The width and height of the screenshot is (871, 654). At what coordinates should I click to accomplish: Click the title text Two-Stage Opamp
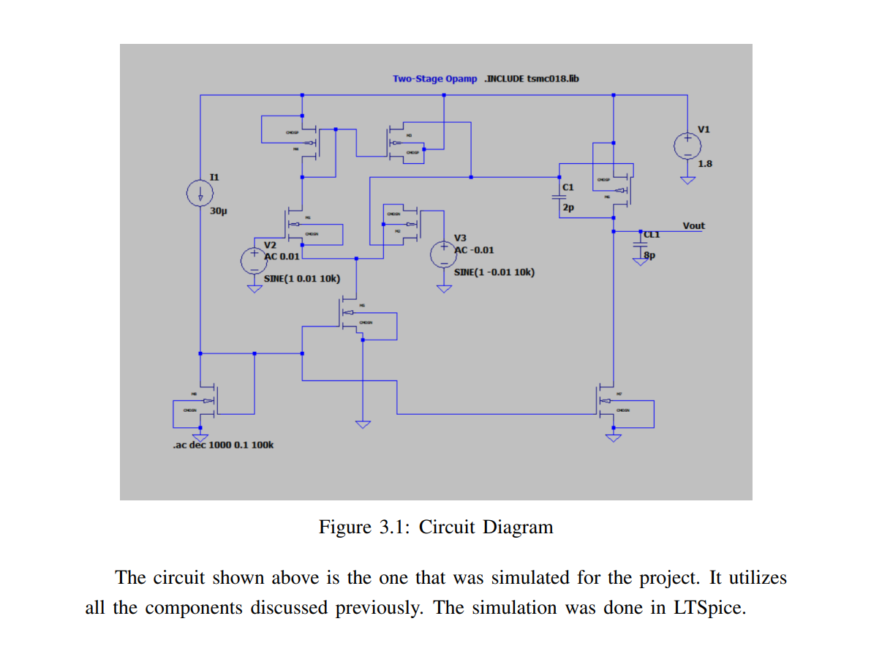[x=434, y=79]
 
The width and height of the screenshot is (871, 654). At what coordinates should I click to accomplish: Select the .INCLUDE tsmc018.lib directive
[x=532, y=79]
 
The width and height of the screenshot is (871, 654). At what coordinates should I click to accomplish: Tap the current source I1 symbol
[x=200, y=194]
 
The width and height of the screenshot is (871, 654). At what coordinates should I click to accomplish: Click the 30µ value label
[x=219, y=211]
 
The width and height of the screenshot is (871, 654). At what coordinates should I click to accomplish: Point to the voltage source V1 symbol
[x=687, y=144]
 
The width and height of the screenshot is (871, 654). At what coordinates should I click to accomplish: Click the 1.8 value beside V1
[x=705, y=164]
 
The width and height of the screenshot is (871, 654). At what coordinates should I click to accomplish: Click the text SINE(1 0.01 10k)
[x=301, y=279]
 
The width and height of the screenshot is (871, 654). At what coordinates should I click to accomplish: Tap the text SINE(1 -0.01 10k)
[x=494, y=272]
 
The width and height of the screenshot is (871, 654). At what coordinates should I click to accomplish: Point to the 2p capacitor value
[x=568, y=208]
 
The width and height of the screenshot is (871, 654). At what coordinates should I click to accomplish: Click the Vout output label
[x=693, y=225]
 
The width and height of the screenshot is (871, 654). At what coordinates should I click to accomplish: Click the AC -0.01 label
[x=474, y=249]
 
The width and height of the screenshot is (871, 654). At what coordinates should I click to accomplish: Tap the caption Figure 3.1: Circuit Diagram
[x=436, y=527]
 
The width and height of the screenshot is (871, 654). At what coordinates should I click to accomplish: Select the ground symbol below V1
[x=687, y=180]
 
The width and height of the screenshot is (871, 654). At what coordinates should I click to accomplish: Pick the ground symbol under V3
[x=443, y=287]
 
